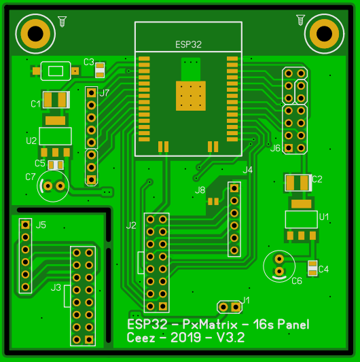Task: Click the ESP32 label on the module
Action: [x=188, y=44]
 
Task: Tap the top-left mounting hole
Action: [x=35, y=34]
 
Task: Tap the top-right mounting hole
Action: [x=324, y=34]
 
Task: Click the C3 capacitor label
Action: [x=89, y=62]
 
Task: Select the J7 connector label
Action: [x=104, y=93]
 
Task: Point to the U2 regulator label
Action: [x=31, y=141]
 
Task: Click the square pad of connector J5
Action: [x=25, y=225]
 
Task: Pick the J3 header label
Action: [x=56, y=288]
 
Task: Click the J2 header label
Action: [x=131, y=225]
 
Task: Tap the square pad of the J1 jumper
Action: [x=236, y=307]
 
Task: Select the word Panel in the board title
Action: [x=293, y=325]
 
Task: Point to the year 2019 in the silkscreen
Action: [x=185, y=338]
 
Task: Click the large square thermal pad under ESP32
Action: [x=191, y=96]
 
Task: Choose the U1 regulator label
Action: [x=324, y=217]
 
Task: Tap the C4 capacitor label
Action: [x=323, y=269]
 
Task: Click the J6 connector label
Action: [x=275, y=148]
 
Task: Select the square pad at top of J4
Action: [x=234, y=188]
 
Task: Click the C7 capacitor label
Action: [x=31, y=177]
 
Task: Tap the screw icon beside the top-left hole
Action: [x=62, y=22]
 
